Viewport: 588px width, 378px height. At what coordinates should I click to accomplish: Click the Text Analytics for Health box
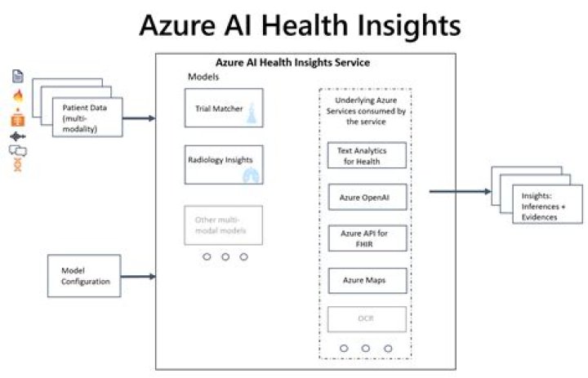pyautogui.click(x=366, y=155)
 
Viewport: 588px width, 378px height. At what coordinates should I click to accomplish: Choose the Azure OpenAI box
pyautogui.click(x=366, y=197)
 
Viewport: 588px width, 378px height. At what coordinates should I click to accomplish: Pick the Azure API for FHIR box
pyautogui.click(x=366, y=238)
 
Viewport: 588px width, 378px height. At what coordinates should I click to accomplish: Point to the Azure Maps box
pyautogui.click(x=366, y=280)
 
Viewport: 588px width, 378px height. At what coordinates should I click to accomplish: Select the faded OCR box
pyautogui.click(x=366, y=319)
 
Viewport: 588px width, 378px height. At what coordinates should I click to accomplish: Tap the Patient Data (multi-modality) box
pyautogui.click(x=87, y=118)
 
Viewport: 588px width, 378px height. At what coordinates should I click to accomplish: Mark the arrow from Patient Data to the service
pyautogui.click(x=139, y=118)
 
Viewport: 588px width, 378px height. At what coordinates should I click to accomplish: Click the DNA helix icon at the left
pyautogui.click(x=17, y=167)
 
